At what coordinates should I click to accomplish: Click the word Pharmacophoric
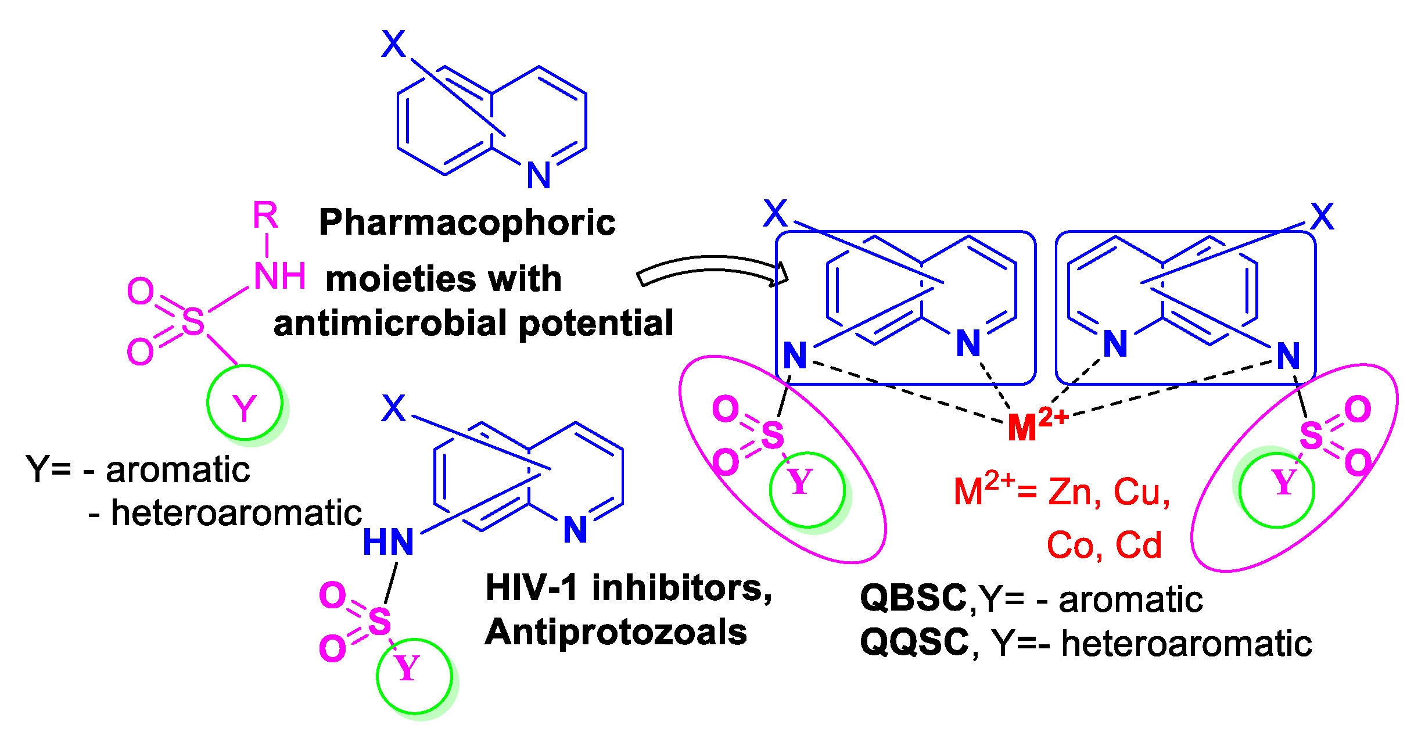point(467,224)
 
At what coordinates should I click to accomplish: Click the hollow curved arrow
point(712,268)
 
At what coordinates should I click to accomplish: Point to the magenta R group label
point(265,216)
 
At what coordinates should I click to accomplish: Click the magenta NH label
point(279,277)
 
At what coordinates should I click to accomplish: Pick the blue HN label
point(388,542)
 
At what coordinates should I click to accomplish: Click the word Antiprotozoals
point(616,632)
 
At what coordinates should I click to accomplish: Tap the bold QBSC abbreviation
point(913,598)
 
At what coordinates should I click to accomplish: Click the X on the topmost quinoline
point(393,44)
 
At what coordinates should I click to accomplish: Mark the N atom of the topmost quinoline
point(539,175)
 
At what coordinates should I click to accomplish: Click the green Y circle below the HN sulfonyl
point(414,676)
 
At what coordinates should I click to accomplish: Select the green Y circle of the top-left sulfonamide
point(245,403)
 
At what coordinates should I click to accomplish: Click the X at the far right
point(1322,217)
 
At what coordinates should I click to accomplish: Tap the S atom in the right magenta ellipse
point(1311,435)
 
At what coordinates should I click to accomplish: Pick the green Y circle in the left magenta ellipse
point(807,490)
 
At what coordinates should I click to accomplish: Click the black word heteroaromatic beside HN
point(236,514)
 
